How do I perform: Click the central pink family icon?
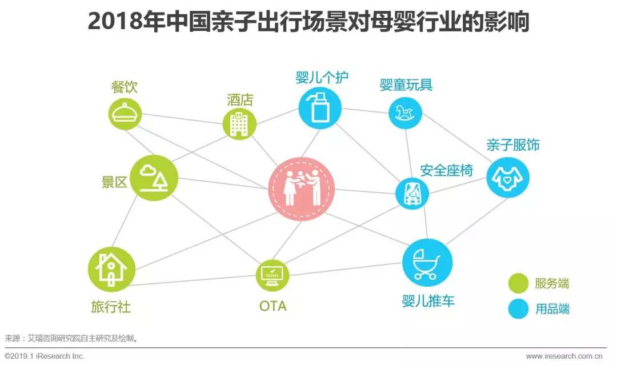302,189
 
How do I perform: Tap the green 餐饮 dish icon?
125,114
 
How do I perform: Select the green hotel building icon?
239,124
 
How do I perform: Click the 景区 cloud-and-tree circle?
154,178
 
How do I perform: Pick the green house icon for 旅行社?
111,270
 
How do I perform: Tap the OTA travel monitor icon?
273,275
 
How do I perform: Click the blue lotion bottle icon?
320,108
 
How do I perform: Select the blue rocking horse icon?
405,113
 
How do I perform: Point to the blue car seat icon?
412,193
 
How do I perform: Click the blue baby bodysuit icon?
508,178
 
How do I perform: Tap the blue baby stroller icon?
427,263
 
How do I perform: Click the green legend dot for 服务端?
518,283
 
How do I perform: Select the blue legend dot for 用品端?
518,309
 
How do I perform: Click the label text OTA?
273,306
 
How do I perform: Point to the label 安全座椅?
447,170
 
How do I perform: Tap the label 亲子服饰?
513,145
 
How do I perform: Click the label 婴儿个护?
322,77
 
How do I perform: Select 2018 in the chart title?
114,21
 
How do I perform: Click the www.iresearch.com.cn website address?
564,356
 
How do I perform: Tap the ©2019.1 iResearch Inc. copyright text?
45,356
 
